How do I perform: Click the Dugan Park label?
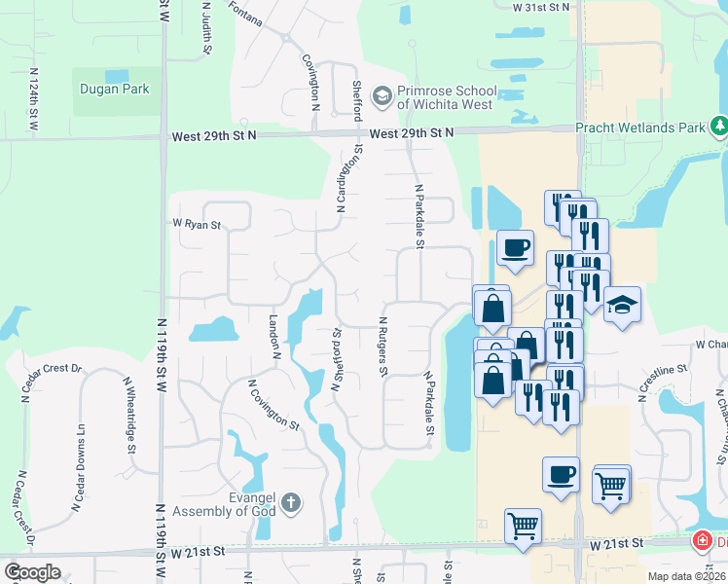coord(115,89)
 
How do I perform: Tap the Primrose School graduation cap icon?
coord(382,95)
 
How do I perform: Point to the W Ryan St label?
coord(198,224)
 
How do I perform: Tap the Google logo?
coord(31,572)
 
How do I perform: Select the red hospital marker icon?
coord(701,540)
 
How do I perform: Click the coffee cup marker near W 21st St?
coord(561,475)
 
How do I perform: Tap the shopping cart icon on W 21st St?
coord(523,526)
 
